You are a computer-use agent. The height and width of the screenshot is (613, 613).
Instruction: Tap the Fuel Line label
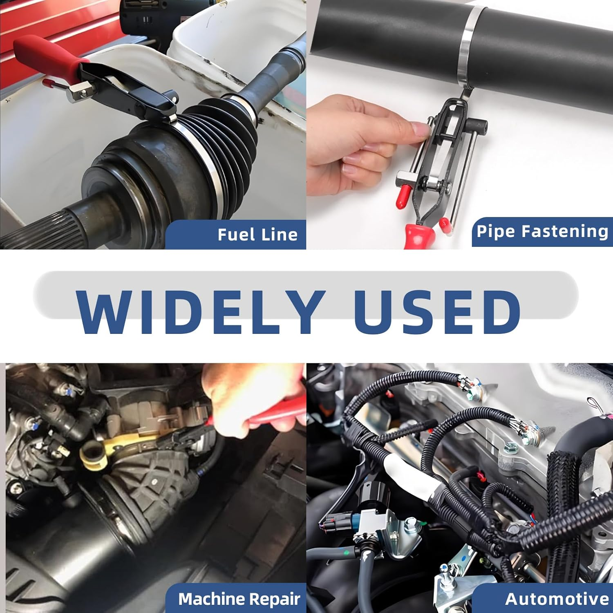[x=257, y=235]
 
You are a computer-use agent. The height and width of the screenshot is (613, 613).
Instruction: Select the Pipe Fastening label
[x=542, y=231]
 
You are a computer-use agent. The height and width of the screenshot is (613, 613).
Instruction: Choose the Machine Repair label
[x=239, y=599]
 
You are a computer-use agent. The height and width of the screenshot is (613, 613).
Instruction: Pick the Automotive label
[x=557, y=599]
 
